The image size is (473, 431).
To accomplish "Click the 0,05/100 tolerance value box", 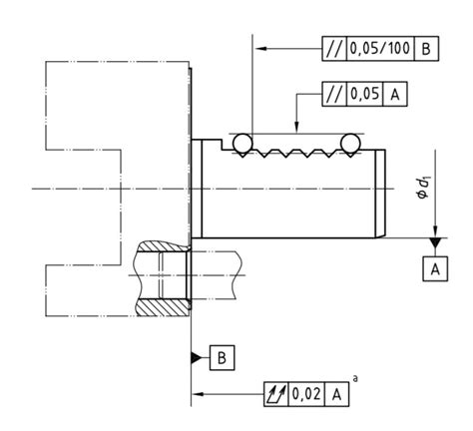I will click(377, 48).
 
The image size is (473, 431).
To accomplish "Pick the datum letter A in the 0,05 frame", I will click(396, 95).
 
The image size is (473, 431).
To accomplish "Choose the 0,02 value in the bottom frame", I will click(305, 394).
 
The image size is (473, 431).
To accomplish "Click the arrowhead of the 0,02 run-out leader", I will click(196, 394).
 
